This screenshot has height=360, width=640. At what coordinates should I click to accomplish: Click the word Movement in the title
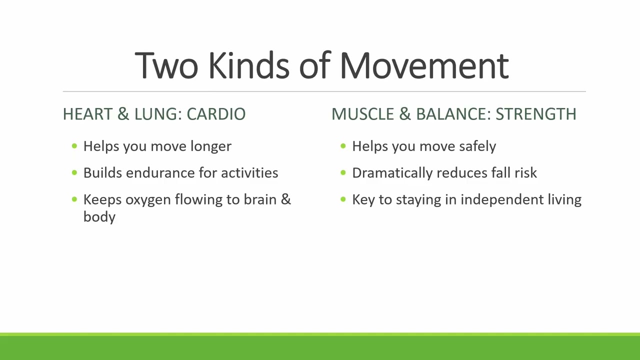[x=424, y=65]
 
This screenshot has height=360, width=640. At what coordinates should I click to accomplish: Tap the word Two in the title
[x=166, y=65]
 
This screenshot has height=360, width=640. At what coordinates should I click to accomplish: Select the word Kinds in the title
[x=249, y=65]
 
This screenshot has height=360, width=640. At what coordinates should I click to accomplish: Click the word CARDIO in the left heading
[x=216, y=114]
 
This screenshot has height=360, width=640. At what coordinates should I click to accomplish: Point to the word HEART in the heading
[x=87, y=114]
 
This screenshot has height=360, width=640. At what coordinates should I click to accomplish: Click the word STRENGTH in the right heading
[x=536, y=114]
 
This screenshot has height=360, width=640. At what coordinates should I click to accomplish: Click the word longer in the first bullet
[x=211, y=147]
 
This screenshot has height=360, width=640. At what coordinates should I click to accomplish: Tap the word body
[x=99, y=217]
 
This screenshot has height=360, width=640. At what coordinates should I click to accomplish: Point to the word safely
[x=477, y=146]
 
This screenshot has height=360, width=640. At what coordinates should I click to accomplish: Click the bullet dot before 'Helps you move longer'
[x=74, y=146]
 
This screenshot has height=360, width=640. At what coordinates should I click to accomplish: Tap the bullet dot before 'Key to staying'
[x=343, y=199]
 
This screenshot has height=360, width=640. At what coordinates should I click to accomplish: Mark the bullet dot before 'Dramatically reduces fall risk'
[x=343, y=172]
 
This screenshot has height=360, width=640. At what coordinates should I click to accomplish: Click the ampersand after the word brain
[x=286, y=199]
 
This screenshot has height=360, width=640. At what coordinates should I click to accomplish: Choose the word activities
[x=249, y=173]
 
